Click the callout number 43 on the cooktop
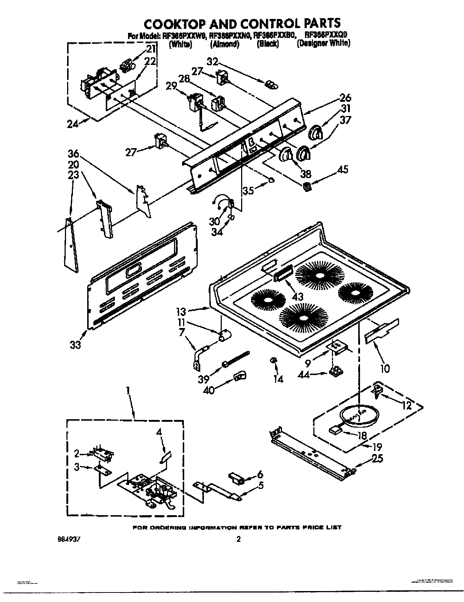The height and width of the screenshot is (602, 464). click(x=298, y=296)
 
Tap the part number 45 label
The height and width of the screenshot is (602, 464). click(x=343, y=169)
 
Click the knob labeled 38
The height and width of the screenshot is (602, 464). click(x=286, y=155)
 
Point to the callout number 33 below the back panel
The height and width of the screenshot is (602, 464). click(x=76, y=344)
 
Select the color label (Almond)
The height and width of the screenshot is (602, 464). click(x=224, y=44)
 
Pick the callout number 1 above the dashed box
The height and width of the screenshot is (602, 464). click(x=128, y=390)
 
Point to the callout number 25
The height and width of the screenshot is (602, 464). click(x=377, y=458)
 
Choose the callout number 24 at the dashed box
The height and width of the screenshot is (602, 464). click(x=73, y=124)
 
